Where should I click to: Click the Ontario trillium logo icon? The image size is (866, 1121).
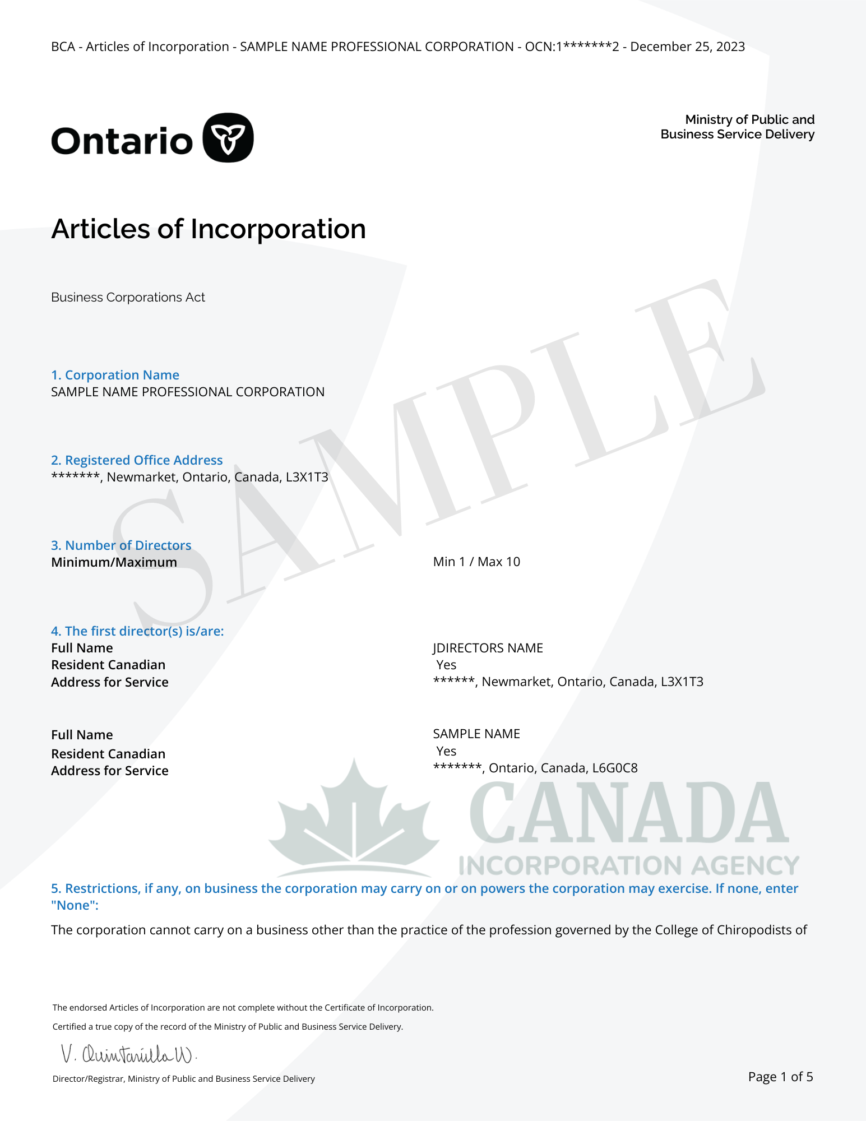(x=228, y=138)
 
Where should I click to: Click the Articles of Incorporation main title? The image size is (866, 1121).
(x=209, y=229)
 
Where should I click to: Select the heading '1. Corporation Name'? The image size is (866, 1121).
(x=115, y=375)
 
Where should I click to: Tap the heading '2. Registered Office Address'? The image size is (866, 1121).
(x=137, y=460)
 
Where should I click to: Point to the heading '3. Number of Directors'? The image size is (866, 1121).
(x=121, y=545)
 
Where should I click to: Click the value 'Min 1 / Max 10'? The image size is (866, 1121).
(x=476, y=562)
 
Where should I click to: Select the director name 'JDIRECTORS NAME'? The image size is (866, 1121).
(x=488, y=648)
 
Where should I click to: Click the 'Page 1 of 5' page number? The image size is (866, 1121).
(x=780, y=1077)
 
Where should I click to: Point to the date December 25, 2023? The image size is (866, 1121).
(x=687, y=47)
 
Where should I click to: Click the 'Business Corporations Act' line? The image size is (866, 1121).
(x=128, y=297)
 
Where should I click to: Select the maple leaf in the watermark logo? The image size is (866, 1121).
(x=354, y=818)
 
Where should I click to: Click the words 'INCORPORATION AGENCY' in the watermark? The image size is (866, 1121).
(x=629, y=865)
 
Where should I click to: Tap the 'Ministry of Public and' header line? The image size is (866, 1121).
(x=749, y=119)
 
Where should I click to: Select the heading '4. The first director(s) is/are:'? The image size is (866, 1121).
(x=137, y=631)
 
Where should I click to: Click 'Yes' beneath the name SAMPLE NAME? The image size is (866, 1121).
(x=446, y=751)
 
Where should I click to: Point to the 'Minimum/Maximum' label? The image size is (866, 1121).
(x=114, y=562)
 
